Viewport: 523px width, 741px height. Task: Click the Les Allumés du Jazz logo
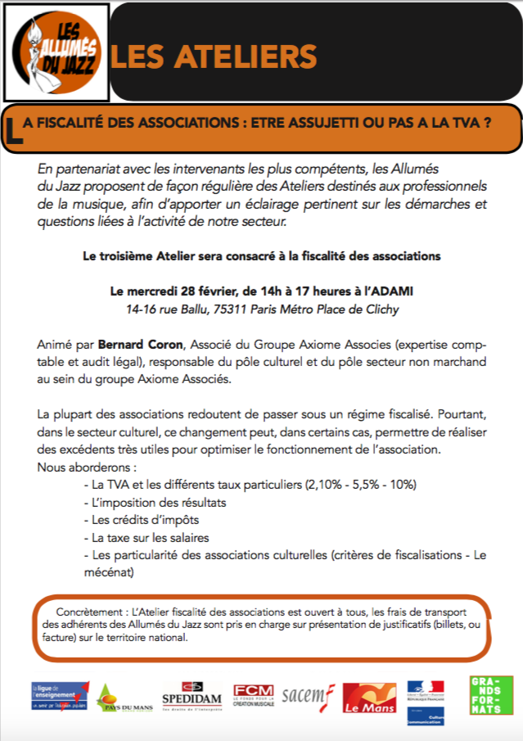pyautogui.click(x=55, y=52)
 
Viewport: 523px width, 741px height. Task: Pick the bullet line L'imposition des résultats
pyautogui.click(x=155, y=502)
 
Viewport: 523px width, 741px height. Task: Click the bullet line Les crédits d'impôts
pyautogui.click(x=141, y=520)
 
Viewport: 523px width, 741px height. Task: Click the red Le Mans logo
pyautogui.click(x=369, y=698)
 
